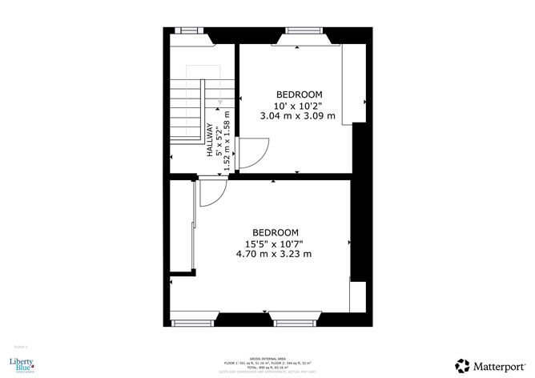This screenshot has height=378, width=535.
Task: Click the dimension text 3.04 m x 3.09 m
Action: (297, 115)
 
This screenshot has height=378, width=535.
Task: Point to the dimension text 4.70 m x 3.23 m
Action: (274, 254)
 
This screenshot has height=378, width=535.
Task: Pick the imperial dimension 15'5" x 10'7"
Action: (275, 243)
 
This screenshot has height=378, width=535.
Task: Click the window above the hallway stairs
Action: (189, 31)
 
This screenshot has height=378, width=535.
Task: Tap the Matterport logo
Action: (488, 365)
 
